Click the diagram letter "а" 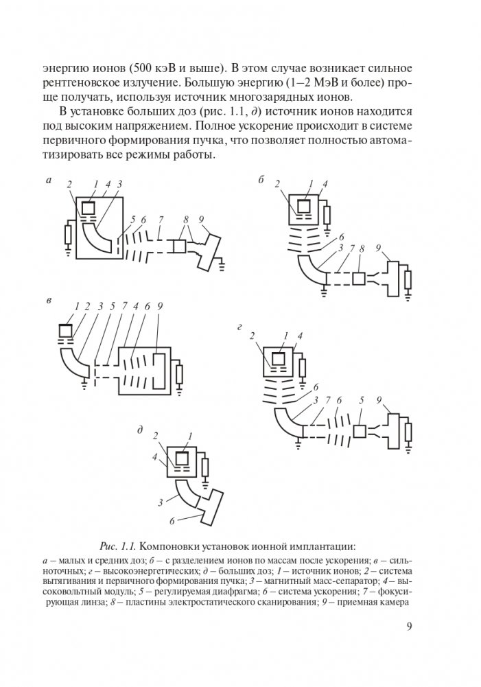(48, 181)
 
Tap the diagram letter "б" (262, 181)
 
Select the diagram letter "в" (48, 301)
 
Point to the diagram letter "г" (238, 329)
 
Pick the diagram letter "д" (140, 430)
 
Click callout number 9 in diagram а (202, 219)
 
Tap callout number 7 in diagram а (160, 219)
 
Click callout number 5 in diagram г (362, 400)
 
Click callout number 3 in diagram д (160, 502)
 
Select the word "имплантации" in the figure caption (321, 546)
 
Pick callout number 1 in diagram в (77, 305)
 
